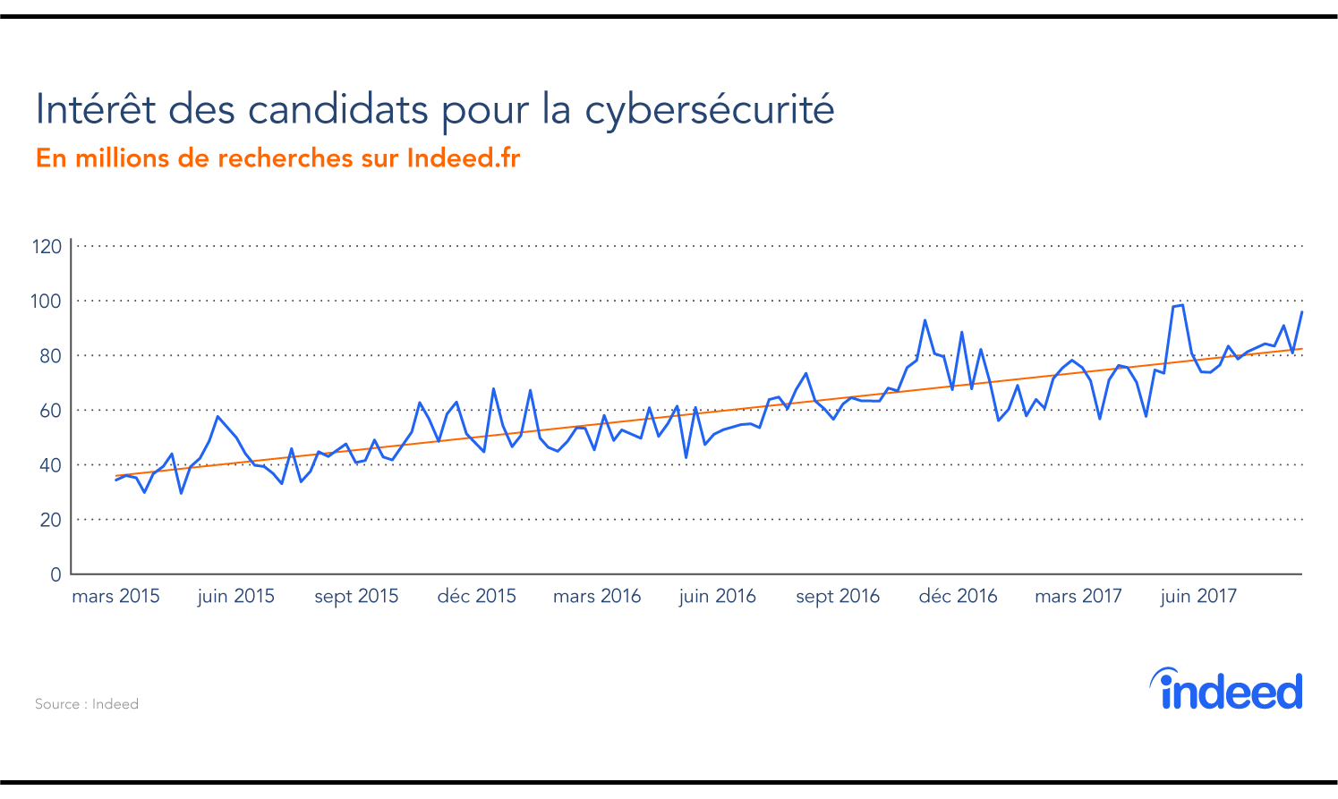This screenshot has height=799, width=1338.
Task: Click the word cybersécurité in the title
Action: click(709, 110)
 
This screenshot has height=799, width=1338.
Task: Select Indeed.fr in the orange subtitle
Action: click(463, 158)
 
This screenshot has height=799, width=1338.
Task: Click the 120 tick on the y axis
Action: click(47, 246)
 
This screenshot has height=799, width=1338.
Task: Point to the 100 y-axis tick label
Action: click(47, 302)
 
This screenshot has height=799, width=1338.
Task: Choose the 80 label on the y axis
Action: click(50, 356)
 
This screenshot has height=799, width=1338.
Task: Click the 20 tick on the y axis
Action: click(50, 520)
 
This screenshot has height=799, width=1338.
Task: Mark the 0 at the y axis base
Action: click(55, 574)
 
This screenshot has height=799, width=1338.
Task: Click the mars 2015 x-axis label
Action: click(115, 597)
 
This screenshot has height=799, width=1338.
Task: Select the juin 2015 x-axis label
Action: click(235, 597)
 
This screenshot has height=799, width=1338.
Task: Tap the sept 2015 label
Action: click(356, 597)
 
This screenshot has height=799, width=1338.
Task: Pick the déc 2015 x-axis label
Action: click(476, 597)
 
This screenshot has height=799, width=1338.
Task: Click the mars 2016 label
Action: click(597, 597)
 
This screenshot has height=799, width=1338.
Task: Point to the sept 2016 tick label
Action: click(838, 597)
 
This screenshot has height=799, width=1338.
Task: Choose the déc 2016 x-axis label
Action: click(958, 597)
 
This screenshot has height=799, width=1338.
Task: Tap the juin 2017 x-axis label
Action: click(1198, 597)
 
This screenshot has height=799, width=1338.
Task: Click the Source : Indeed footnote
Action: click(87, 704)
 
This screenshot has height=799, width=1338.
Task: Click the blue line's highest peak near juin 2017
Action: click(1181, 305)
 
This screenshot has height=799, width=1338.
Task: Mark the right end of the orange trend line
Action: click(1300, 349)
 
